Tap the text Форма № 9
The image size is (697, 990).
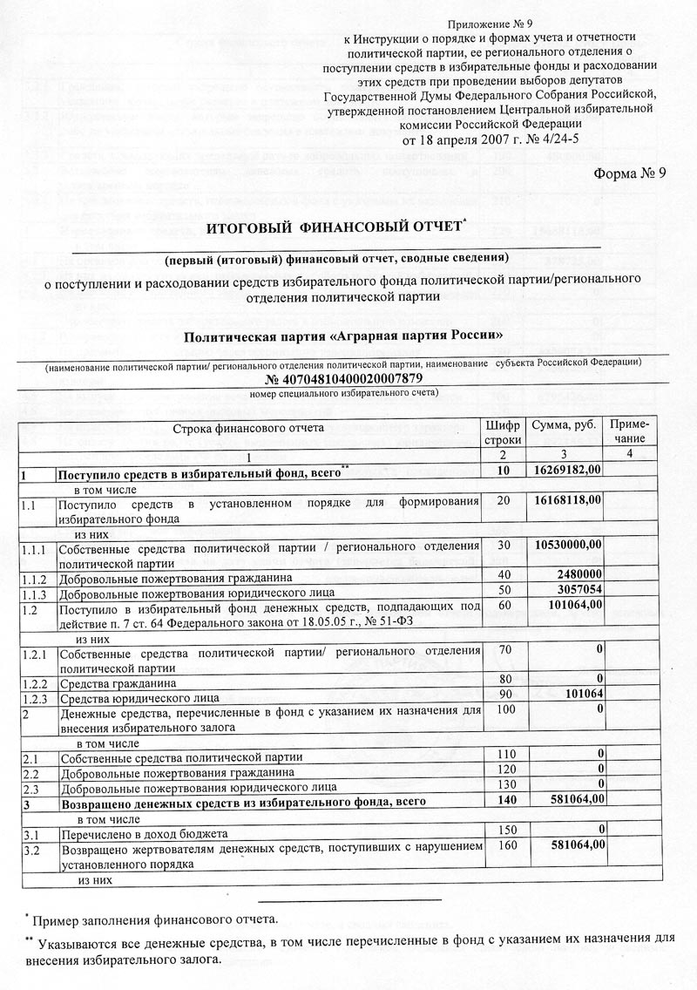click(x=630, y=172)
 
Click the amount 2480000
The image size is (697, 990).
click(x=575, y=575)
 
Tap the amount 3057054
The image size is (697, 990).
click(x=575, y=590)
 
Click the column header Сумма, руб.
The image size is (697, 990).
click(x=562, y=424)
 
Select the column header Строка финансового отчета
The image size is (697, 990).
click(x=248, y=428)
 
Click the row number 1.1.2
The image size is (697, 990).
click(x=36, y=576)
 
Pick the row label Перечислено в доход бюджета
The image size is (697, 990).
click(x=143, y=833)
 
